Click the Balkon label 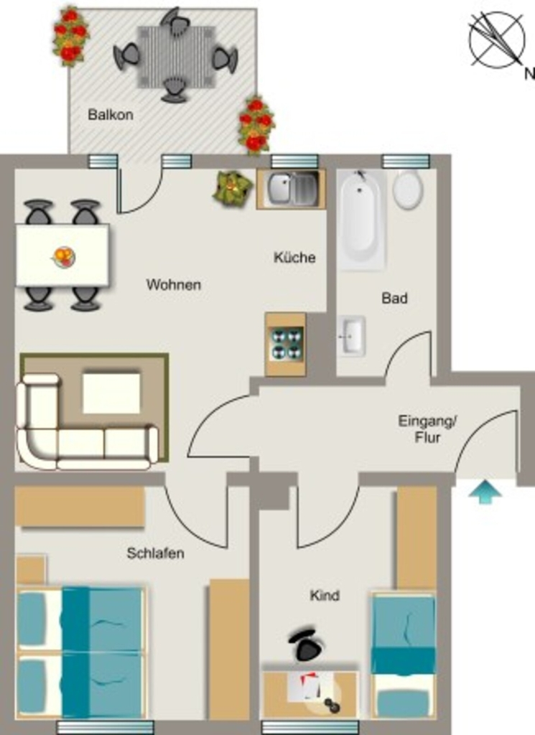(x=110, y=115)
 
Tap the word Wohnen (x=174, y=284)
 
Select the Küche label (x=294, y=257)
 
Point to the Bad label (x=394, y=298)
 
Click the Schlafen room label (x=155, y=553)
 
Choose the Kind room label (x=325, y=595)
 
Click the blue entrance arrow (x=485, y=492)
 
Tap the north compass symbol (x=497, y=40)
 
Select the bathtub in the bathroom (x=361, y=220)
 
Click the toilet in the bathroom (x=408, y=189)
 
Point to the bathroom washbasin (x=351, y=337)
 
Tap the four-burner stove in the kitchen (x=286, y=344)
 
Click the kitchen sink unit (x=291, y=189)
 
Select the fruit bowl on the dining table (x=64, y=256)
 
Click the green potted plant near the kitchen (x=232, y=188)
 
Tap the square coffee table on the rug (x=111, y=393)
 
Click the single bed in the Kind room (x=404, y=655)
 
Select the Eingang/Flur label (x=427, y=429)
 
